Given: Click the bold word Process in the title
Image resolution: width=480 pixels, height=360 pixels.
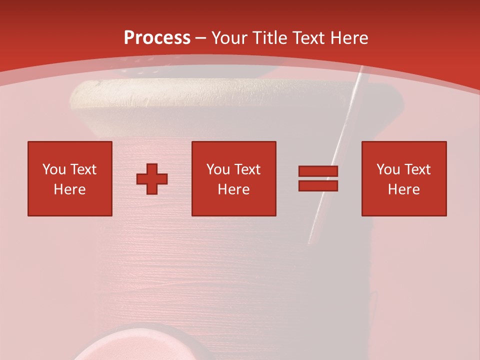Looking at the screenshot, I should point(157,37).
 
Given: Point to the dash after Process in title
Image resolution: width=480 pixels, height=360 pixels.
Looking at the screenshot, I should point(201,38).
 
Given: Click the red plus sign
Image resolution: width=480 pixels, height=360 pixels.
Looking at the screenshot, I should point(152,179).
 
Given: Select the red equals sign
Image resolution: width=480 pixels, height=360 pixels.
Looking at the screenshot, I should point(318,178).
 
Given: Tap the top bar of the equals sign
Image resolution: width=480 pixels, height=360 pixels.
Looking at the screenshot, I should point(318,171).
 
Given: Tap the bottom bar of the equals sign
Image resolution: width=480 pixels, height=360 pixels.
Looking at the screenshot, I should point(318,185).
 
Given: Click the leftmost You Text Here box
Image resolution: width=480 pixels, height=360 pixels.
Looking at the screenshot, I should point(70,178).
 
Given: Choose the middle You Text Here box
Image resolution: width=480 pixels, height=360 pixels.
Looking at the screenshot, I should point(234,178).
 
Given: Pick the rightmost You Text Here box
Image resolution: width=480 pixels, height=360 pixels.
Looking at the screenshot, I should point(404,178).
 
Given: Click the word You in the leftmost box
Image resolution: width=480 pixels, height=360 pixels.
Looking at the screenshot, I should point(53,169).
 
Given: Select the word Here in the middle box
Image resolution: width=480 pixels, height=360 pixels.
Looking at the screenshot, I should point(234,189).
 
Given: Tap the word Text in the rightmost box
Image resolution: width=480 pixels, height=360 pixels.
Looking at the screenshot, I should point(417,169).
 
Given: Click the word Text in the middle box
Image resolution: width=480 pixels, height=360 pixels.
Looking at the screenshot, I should point(247,169).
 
